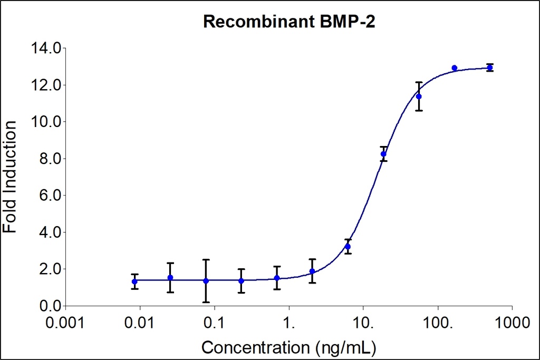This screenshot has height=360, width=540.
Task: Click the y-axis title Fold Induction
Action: (x=10, y=177)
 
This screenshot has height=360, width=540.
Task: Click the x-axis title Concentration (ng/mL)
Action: (x=289, y=347)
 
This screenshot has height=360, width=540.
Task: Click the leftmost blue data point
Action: (x=135, y=281)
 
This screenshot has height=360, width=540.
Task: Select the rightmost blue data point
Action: (x=490, y=67)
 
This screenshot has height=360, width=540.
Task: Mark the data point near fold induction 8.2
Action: (x=384, y=154)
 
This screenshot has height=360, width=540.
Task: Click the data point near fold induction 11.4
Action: (x=419, y=96)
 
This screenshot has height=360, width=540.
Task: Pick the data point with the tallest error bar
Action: (x=206, y=281)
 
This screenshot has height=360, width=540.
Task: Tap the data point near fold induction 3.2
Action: (x=348, y=246)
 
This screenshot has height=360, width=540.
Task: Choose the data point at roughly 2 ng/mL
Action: (x=312, y=271)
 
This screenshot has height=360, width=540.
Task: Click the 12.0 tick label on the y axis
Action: (x=46, y=85)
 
